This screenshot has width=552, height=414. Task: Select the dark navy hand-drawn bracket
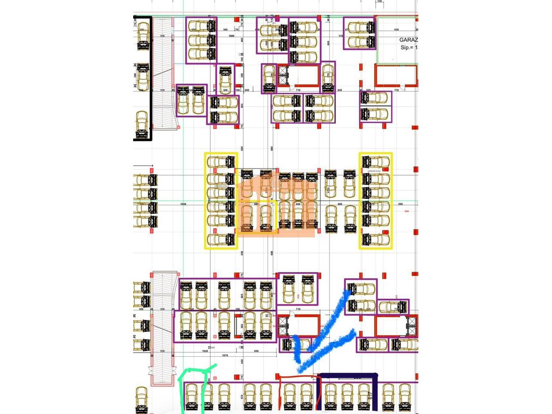348,377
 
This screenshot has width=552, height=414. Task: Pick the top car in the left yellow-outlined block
220,161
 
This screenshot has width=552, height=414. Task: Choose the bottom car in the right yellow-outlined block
376,239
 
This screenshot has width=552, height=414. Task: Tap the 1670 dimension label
227,356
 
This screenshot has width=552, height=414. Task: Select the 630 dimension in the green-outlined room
396,30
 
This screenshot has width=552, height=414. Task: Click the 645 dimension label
340,90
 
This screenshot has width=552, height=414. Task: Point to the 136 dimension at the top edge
380,2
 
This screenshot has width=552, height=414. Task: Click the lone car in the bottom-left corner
142,400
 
